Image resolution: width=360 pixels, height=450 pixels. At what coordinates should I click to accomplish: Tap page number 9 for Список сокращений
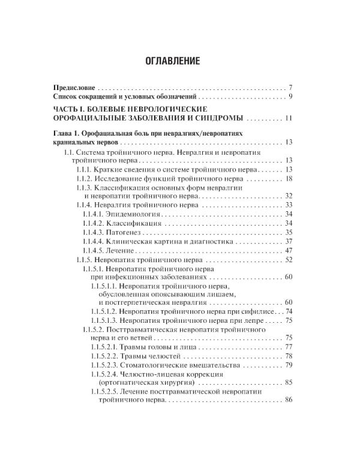click(x=290, y=97)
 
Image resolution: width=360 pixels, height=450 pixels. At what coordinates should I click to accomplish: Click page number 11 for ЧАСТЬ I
click(x=288, y=118)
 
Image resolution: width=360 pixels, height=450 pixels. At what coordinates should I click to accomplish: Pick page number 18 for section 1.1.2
click(x=288, y=179)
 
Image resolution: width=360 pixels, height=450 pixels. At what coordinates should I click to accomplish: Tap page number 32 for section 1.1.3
click(x=288, y=196)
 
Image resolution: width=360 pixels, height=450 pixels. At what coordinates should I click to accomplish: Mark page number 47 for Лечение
click(x=288, y=250)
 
